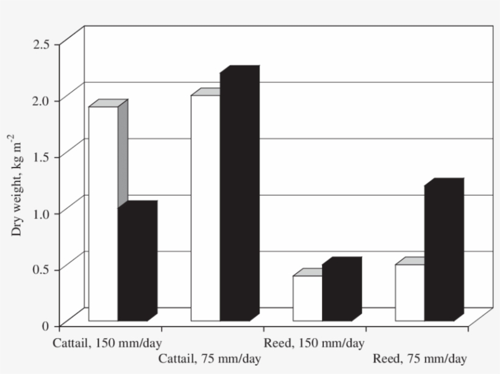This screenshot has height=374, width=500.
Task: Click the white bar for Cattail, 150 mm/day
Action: coord(103,213)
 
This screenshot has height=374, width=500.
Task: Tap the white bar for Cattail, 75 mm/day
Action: coord(205,207)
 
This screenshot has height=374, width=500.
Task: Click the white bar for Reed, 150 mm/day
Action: coord(307,298)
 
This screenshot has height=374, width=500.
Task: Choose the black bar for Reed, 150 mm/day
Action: coord(337,293)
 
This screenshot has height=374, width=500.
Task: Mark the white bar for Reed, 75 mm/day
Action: coord(410,292)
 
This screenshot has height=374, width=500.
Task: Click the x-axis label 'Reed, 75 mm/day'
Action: coord(420,359)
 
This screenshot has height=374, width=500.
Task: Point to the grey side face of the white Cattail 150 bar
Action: coord(123,152)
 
